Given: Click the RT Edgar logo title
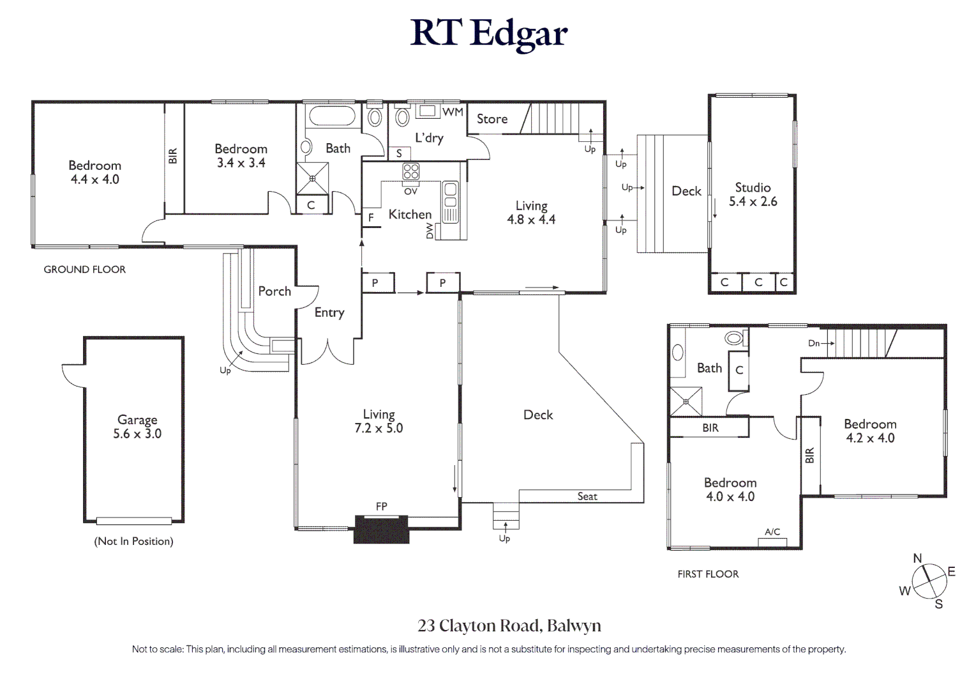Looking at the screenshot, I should click(x=488, y=33).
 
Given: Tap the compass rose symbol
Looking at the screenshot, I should click(x=929, y=581).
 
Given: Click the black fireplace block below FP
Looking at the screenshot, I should click(x=381, y=530).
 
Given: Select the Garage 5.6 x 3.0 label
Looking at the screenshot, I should click(x=137, y=427).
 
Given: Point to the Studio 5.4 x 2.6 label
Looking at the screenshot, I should click(x=753, y=194).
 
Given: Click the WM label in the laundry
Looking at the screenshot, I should click(x=453, y=112).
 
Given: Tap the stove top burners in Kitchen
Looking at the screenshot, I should click(x=410, y=171).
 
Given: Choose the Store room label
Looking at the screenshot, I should click(x=492, y=119).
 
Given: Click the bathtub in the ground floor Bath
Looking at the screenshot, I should click(x=332, y=116).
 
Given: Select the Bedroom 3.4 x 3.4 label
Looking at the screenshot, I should click(x=241, y=155).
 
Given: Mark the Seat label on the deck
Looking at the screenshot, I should click(x=587, y=496).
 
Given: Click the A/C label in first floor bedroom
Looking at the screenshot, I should click(x=772, y=532).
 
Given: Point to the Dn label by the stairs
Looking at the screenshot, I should click(x=814, y=343).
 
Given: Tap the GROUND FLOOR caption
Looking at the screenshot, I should click(x=85, y=270).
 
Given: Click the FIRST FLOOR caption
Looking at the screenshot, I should click(x=708, y=574).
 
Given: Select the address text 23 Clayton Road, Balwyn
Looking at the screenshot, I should click(x=509, y=625).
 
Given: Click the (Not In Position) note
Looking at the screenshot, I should click(x=133, y=541).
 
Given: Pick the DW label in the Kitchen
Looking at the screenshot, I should click(x=430, y=231).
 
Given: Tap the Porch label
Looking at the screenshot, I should click(x=274, y=291).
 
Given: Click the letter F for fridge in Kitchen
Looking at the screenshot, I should click(x=371, y=218).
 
